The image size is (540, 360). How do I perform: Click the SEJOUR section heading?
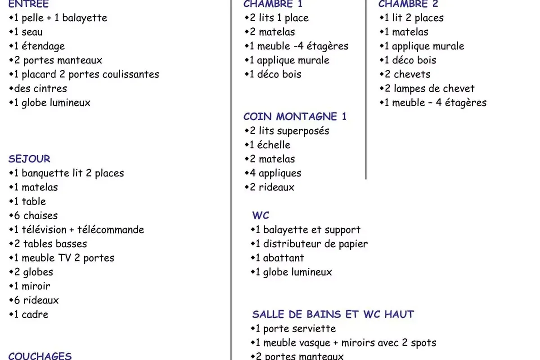(x=29, y=159)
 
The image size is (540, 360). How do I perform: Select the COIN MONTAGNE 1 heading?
(x=295, y=117)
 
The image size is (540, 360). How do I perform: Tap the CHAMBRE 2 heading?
(x=408, y=4)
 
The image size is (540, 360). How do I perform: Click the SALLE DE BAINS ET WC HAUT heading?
(x=333, y=314)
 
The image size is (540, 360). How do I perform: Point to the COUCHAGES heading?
(x=40, y=356)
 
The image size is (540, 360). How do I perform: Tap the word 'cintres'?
(x=50, y=89)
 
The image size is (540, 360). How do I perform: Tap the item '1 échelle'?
(x=270, y=145)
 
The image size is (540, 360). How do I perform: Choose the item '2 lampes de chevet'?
(x=429, y=89)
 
